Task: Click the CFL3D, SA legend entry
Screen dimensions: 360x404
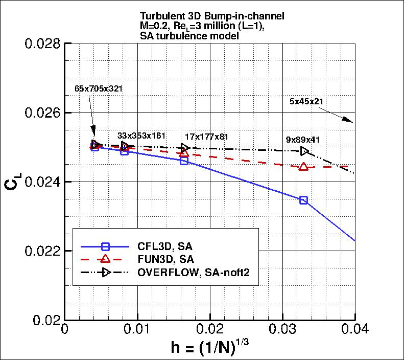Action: (x=164, y=245)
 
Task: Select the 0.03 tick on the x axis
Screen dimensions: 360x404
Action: (x=282, y=331)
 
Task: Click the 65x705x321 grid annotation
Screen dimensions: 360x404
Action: (x=99, y=88)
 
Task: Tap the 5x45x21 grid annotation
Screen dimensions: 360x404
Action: (x=306, y=101)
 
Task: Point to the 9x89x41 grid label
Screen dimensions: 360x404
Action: (x=304, y=139)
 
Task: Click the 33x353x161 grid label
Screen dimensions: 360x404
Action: (x=141, y=136)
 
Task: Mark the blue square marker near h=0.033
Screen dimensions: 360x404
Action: (x=304, y=200)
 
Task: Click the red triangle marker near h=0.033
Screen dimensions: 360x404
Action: (x=304, y=167)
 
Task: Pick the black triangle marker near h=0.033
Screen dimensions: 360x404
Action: (x=304, y=151)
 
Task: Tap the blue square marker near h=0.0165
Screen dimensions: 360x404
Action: (x=184, y=161)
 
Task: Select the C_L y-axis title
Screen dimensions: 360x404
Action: (x=14, y=182)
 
